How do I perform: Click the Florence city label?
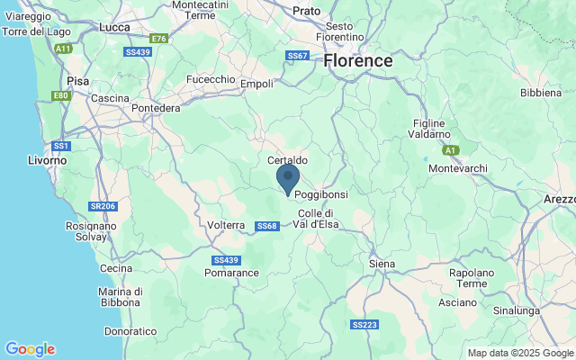[358, 61]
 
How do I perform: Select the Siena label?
[382, 263]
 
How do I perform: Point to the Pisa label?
[78, 80]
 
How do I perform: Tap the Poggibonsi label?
[321, 194]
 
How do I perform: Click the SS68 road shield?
[266, 226]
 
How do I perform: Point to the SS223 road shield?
[364, 324]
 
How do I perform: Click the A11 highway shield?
[63, 48]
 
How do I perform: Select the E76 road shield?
[159, 39]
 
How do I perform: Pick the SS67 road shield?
[297, 56]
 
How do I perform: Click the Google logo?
[30, 349]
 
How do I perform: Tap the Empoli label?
[256, 84]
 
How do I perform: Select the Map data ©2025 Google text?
[520, 353]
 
